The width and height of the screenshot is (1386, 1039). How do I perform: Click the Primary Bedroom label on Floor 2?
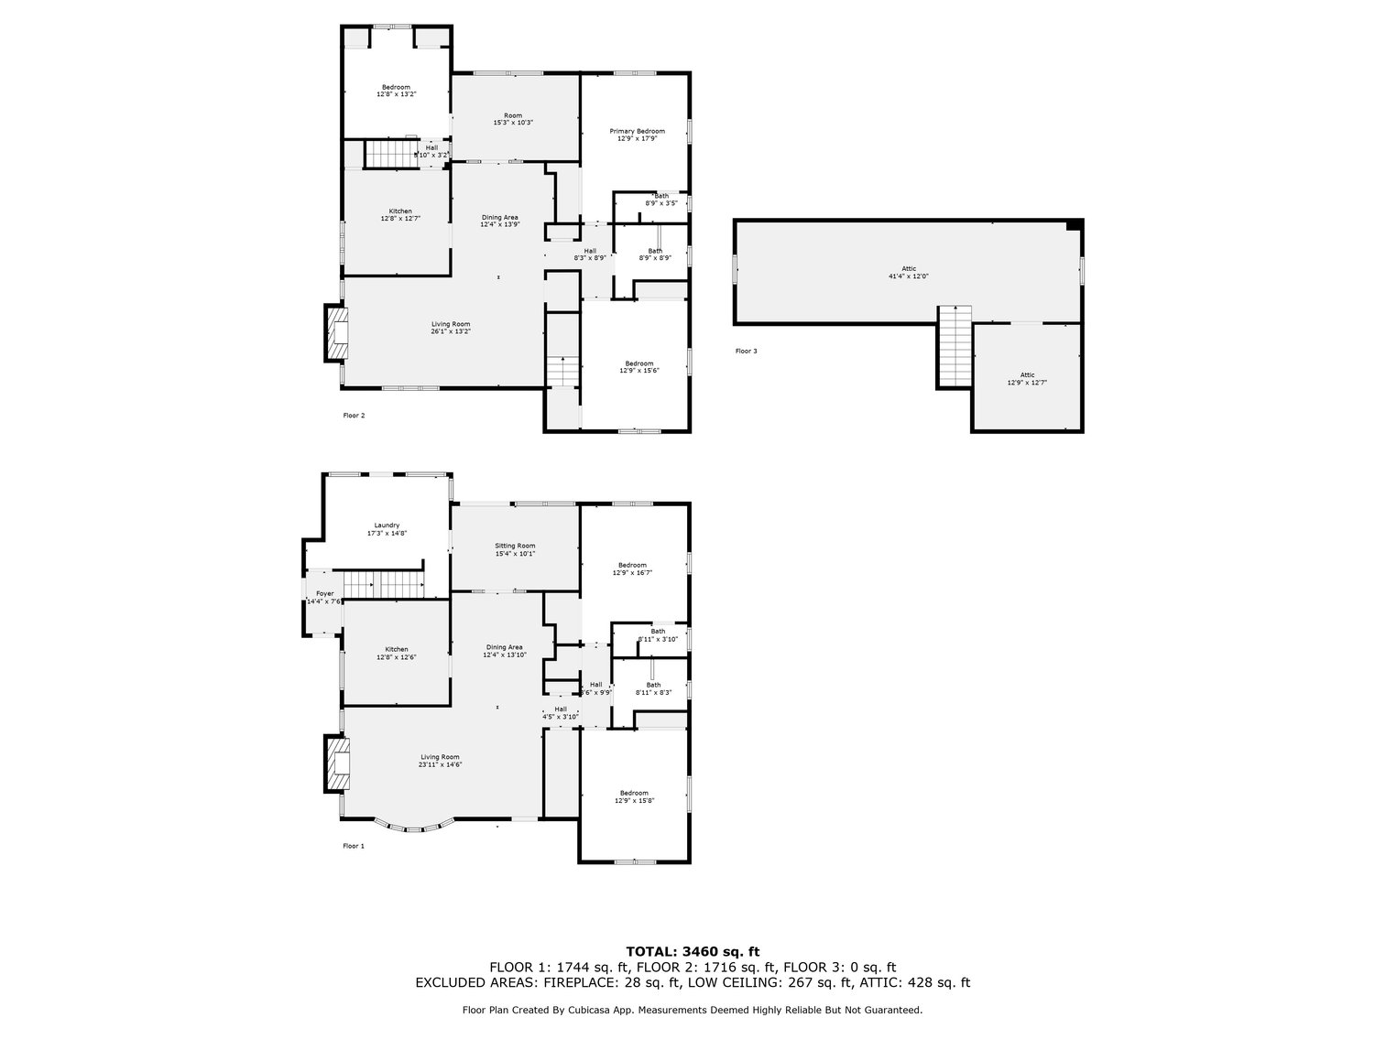point(638,135)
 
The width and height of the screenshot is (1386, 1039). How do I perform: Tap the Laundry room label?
point(387,528)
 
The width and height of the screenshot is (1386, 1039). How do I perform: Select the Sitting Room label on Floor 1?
point(515,549)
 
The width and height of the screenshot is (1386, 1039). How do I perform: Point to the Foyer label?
point(324,597)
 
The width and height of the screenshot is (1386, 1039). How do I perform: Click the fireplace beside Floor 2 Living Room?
point(337,334)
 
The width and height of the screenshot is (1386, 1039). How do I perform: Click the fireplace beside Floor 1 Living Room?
point(337,763)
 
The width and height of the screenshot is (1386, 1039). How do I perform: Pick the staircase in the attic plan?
point(954,347)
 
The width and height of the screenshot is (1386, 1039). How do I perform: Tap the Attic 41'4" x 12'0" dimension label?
point(901,272)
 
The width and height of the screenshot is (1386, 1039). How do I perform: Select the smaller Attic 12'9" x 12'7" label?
point(1027,379)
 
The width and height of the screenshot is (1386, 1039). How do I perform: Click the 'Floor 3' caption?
point(746,351)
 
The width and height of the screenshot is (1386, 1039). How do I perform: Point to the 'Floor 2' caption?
point(354,416)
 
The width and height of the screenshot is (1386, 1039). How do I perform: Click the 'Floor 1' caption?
point(353,846)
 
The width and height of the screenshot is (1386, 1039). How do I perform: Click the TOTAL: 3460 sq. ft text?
point(693,952)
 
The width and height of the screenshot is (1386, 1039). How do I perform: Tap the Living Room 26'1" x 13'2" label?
point(451,328)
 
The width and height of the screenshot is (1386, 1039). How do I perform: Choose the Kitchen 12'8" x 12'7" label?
point(396,215)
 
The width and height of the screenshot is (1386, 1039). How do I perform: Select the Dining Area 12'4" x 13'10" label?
point(504,651)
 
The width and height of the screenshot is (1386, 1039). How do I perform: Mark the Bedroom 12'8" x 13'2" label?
point(396,90)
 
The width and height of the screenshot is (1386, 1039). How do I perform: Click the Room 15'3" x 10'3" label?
point(513,119)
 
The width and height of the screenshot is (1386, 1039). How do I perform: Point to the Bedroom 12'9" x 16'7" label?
point(632,568)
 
